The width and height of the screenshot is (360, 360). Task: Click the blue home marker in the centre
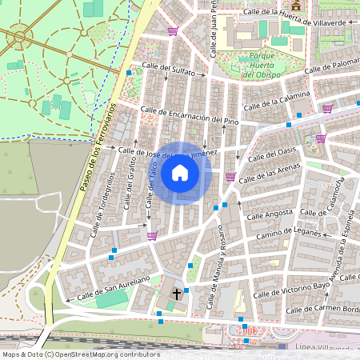click(x=180, y=173)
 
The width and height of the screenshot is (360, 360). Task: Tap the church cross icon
click(x=177, y=294)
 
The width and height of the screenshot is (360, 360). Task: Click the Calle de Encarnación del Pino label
click(x=190, y=115)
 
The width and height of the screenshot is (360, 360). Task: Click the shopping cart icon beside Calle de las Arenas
click(x=231, y=178)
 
